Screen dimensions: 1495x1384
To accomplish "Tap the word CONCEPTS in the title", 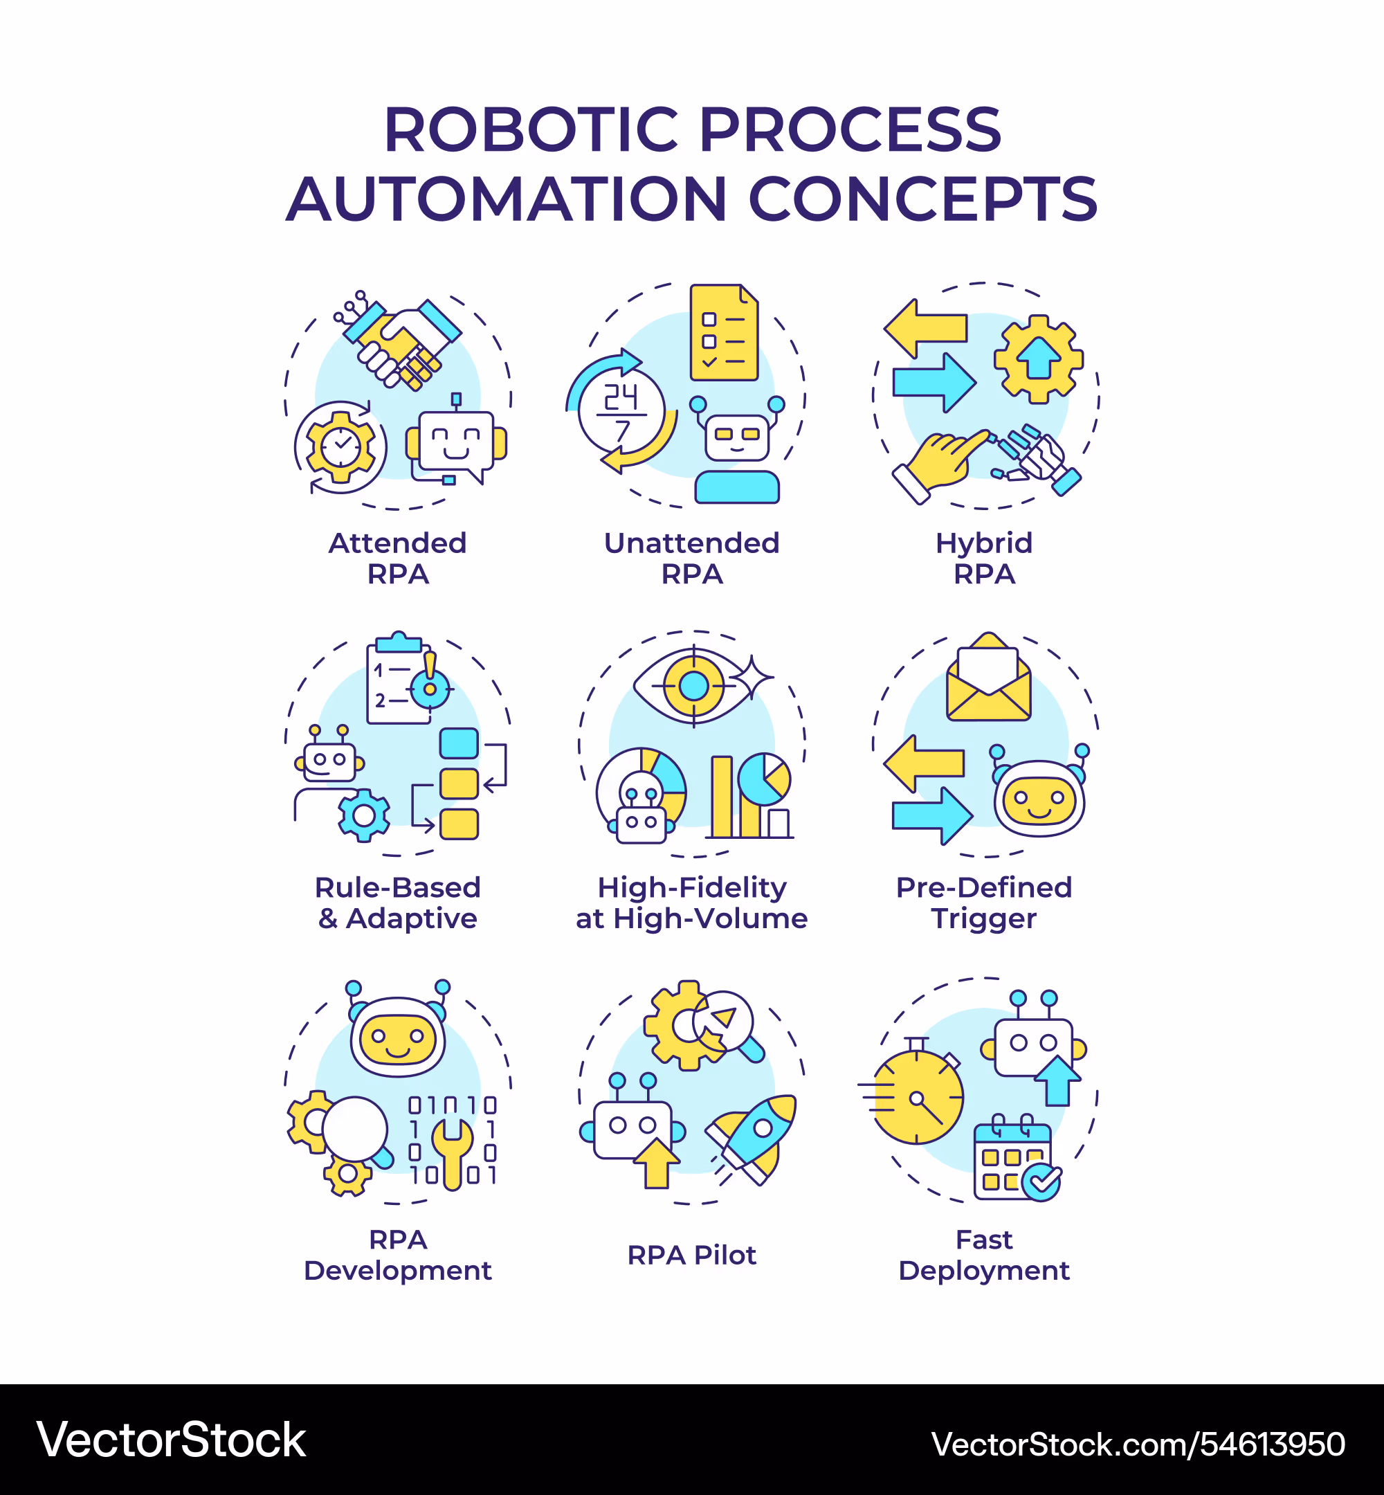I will click(x=922, y=199).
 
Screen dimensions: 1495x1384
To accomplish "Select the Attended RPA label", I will click(x=398, y=558).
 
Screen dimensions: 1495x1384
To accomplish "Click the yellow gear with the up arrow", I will click(x=1038, y=359).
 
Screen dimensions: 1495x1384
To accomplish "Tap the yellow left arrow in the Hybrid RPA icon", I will click(x=926, y=328).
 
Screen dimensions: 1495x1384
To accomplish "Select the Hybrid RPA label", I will click(x=984, y=558).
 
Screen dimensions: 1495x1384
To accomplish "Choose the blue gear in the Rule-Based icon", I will click(x=364, y=815).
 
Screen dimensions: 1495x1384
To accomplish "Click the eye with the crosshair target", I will click(x=693, y=685).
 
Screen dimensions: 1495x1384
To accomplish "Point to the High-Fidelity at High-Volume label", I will click(x=692, y=903).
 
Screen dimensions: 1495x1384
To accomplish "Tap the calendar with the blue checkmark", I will click(x=1014, y=1161).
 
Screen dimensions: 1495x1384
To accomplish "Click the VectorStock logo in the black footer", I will click(x=172, y=1440).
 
